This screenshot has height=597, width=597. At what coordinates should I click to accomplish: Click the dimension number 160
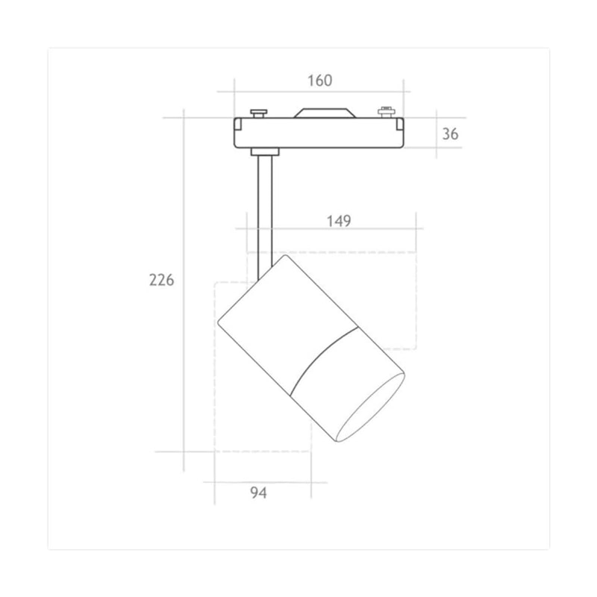tap(320, 81)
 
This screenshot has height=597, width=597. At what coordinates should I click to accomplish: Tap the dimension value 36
tap(451, 134)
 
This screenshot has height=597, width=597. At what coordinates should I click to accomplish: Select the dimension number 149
tap(339, 221)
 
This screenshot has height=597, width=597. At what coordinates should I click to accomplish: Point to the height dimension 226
tap(161, 280)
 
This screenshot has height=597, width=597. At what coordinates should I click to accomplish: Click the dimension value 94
tap(258, 493)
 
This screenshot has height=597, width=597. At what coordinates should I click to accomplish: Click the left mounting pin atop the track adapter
tap(258, 113)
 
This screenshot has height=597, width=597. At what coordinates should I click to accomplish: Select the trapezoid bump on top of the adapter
tap(325, 113)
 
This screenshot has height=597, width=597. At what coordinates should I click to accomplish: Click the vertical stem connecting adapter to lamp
tap(265, 217)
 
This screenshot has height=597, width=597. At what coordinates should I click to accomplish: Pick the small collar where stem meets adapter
tap(265, 151)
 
